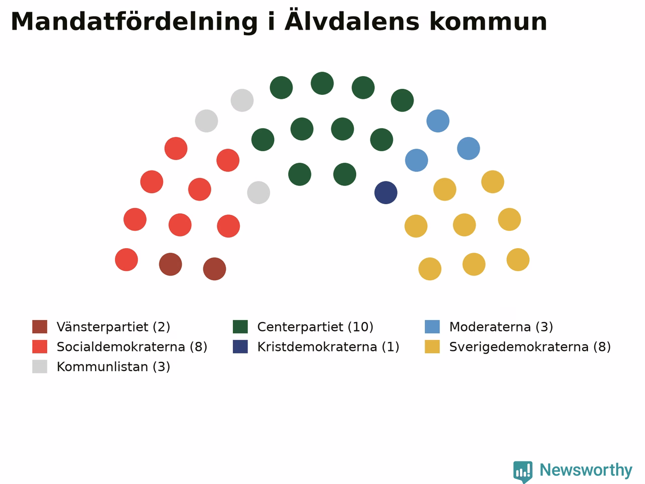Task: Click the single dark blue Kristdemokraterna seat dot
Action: [x=385, y=193]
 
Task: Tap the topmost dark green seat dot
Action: [x=322, y=83]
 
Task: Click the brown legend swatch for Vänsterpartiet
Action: [x=40, y=327]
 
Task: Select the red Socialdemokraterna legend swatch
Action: [x=40, y=347]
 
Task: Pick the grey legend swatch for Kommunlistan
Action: [x=40, y=367]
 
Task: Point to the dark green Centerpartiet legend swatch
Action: [x=240, y=327]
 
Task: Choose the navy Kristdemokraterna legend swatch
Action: [x=240, y=347]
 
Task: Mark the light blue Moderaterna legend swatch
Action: [x=432, y=327]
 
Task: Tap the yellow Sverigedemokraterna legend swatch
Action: [x=432, y=347]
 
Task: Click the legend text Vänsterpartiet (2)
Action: [x=113, y=327]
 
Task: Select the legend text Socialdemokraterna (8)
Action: [x=132, y=347]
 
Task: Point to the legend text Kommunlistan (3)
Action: [x=113, y=367]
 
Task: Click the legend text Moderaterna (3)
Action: [x=501, y=327]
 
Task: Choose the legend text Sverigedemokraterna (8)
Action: [x=530, y=347]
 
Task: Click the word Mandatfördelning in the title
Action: [x=134, y=22]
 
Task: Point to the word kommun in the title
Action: [x=488, y=21]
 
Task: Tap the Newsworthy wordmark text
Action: [x=586, y=470]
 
